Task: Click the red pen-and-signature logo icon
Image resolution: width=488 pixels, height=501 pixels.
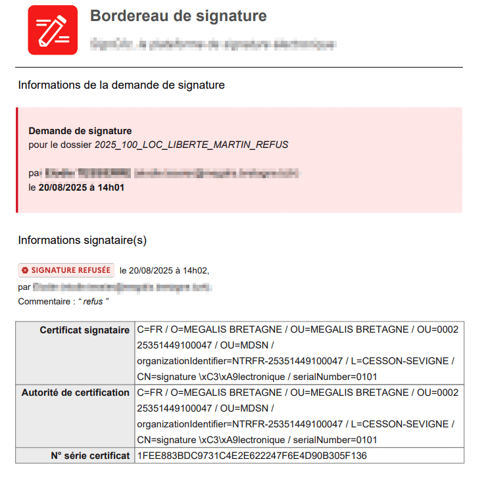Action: click(53, 30)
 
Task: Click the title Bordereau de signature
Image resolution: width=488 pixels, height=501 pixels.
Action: click(178, 16)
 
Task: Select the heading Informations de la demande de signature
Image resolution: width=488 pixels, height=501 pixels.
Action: click(121, 85)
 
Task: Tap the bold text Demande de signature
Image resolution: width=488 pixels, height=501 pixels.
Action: click(80, 131)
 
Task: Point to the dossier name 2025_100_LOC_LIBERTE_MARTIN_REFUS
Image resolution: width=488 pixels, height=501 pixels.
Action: click(191, 144)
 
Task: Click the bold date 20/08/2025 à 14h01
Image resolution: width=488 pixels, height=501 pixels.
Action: click(82, 187)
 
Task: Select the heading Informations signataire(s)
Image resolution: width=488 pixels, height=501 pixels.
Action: click(82, 240)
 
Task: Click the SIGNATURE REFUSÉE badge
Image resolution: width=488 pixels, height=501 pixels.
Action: click(66, 270)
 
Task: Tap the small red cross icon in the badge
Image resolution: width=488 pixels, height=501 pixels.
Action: click(25, 270)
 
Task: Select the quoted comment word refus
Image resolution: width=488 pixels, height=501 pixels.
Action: click(93, 301)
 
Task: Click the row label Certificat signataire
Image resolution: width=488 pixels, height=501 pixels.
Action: click(84, 329)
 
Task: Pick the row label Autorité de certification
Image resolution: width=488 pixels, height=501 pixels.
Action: click(75, 393)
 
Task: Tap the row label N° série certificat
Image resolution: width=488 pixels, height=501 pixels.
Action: click(90, 455)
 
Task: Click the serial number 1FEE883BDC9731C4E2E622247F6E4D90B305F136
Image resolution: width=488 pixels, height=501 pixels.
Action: click(252, 455)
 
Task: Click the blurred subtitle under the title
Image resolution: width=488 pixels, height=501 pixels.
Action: click(214, 45)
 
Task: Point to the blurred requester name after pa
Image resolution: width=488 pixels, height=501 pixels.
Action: click(85, 174)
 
